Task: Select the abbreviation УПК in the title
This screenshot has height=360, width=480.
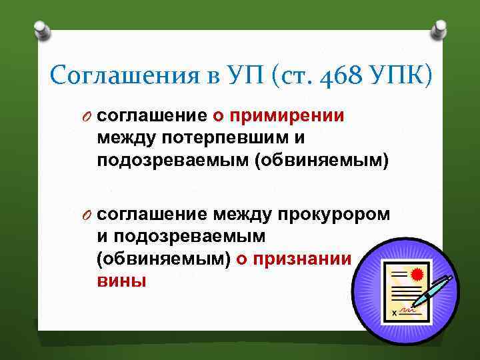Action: [398, 75]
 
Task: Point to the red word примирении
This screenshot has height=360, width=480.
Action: [287, 116]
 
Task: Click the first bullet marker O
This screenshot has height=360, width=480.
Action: [87, 116]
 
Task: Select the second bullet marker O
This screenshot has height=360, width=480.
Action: [87, 213]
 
